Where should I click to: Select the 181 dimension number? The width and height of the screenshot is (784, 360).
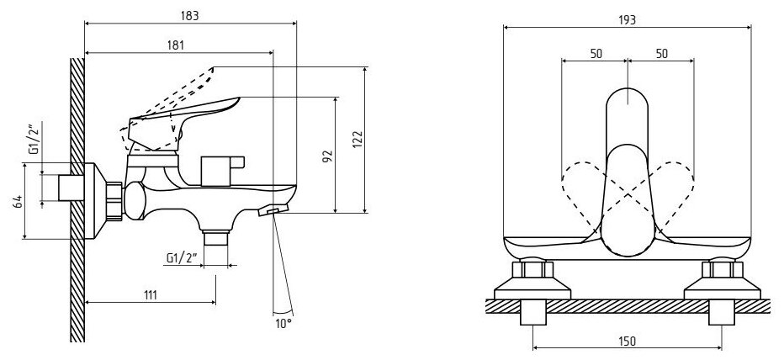[177, 45]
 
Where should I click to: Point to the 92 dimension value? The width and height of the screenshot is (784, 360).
[328, 156]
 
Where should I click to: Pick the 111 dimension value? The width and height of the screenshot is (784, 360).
[151, 294]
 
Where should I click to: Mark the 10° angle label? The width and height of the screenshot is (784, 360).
[283, 322]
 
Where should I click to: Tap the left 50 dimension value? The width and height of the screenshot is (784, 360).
[596, 54]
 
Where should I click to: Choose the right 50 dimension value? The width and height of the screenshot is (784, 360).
[662, 54]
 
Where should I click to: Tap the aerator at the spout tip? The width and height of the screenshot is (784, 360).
[274, 210]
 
